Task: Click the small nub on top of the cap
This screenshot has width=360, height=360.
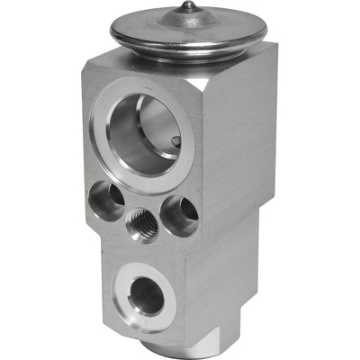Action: (189, 7)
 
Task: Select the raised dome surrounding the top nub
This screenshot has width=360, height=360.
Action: (189, 19)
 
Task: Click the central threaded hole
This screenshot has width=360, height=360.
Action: (142, 224)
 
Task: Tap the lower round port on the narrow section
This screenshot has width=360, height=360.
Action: (147, 298)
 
